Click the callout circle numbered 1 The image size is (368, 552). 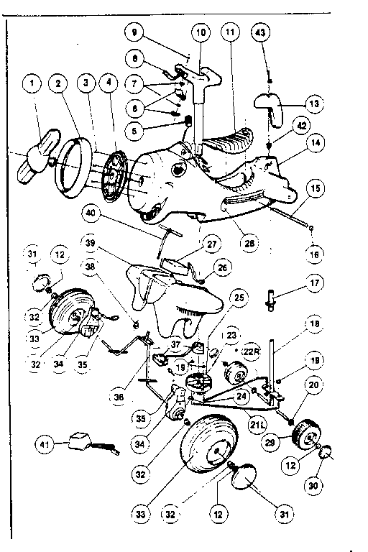(x=32, y=84)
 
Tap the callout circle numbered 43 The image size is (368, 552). (x=262, y=33)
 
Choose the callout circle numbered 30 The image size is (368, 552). (x=315, y=485)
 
